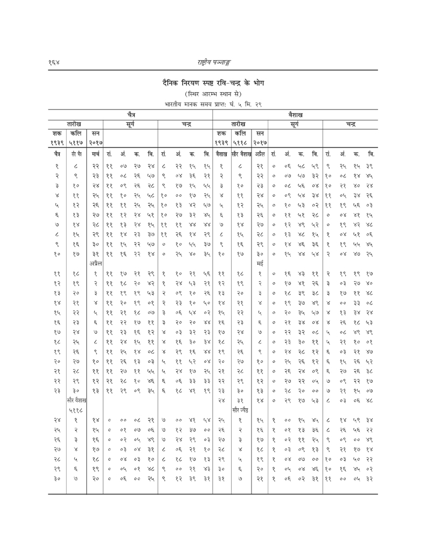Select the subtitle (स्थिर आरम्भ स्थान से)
(x=213, y=93)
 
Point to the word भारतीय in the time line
(x=172, y=103)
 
